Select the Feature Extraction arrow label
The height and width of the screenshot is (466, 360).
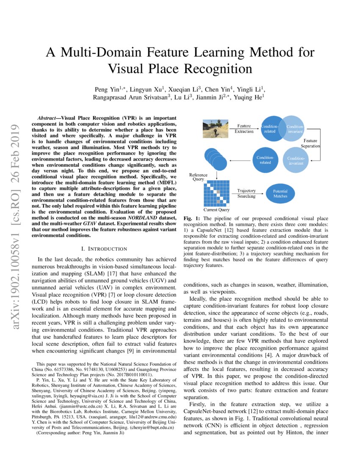(244, 128)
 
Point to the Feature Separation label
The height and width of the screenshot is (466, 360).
(310, 143)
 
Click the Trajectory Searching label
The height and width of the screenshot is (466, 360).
(246, 194)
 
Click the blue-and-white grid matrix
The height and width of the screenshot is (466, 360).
(217, 192)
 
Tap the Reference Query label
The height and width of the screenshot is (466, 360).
(198, 177)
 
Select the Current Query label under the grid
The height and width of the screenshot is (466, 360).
(217, 210)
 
